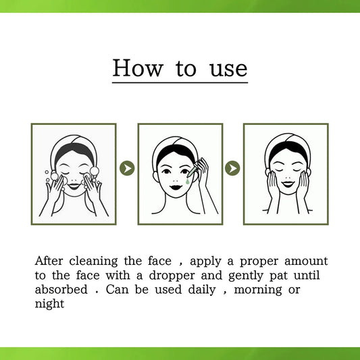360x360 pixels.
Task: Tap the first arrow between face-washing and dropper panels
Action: [x=127, y=168]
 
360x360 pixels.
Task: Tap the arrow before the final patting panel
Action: [x=232, y=168]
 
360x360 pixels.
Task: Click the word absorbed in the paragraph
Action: [x=61, y=290]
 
